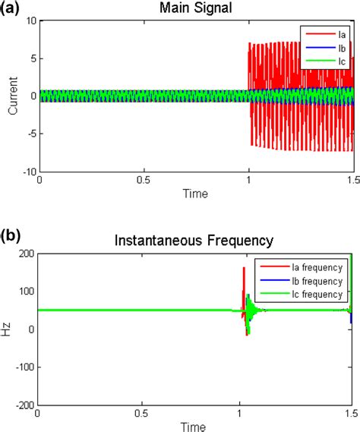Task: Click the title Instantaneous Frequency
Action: pyautogui.click(x=194, y=242)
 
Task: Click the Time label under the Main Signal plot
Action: pyautogui.click(x=195, y=194)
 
